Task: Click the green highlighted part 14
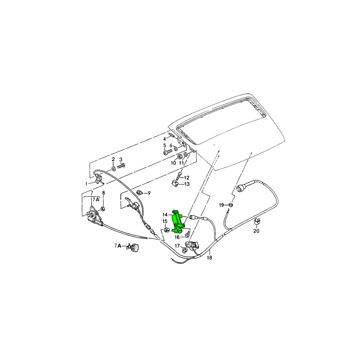pyautogui.click(x=178, y=221)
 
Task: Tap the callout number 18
pyautogui.click(x=209, y=258)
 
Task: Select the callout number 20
pyautogui.click(x=256, y=231)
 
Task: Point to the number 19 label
pyautogui.click(x=221, y=205)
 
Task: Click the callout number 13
pyautogui.click(x=187, y=184)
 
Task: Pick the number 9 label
pyautogui.click(x=149, y=193)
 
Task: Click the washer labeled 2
pyautogui.click(x=114, y=169)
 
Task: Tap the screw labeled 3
pyautogui.click(x=121, y=166)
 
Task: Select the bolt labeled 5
pyautogui.click(x=168, y=152)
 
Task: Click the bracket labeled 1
pyautogui.click(x=100, y=179)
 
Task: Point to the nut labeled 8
pyautogui.click(x=103, y=209)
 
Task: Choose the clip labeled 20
pyautogui.click(x=257, y=221)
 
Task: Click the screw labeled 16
pyautogui.click(x=187, y=234)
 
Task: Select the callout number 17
pyautogui.click(x=177, y=246)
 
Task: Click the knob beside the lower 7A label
pyautogui.click(x=135, y=248)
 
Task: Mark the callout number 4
pyautogui.click(x=164, y=139)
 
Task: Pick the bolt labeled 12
pyautogui.click(x=180, y=176)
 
